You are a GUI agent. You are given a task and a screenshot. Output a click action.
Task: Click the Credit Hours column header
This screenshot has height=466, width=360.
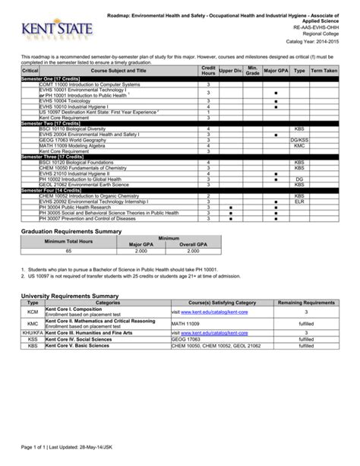coord(208,71)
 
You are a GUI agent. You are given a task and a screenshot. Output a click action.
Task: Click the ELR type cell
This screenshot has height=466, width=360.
coord(299,201)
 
